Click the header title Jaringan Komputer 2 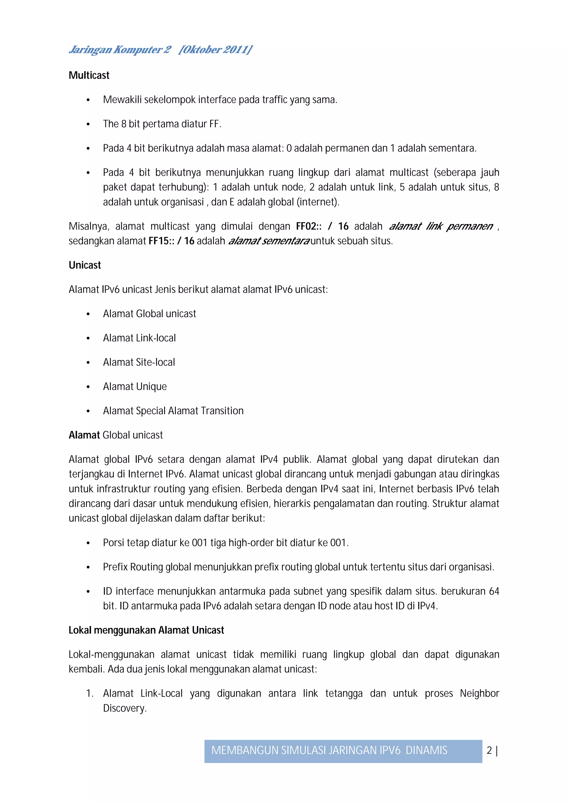[x=120, y=50]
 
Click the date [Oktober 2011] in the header [x=215, y=50]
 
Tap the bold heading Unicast [x=85, y=265]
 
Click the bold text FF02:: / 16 [x=322, y=226]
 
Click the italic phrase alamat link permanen [x=441, y=226]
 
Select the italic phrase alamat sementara [x=269, y=241]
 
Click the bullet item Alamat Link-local [x=139, y=338]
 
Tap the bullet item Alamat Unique [x=135, y=387]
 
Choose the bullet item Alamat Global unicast [x=149, y=314]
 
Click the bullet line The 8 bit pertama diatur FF [x=162, y=124]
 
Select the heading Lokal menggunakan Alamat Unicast [x=146, y=630]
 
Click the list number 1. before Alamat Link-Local [x=90, y=693]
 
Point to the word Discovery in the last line [x=124, y=708]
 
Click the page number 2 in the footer [x=489, y=750]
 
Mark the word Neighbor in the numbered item [x=479, y=693]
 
